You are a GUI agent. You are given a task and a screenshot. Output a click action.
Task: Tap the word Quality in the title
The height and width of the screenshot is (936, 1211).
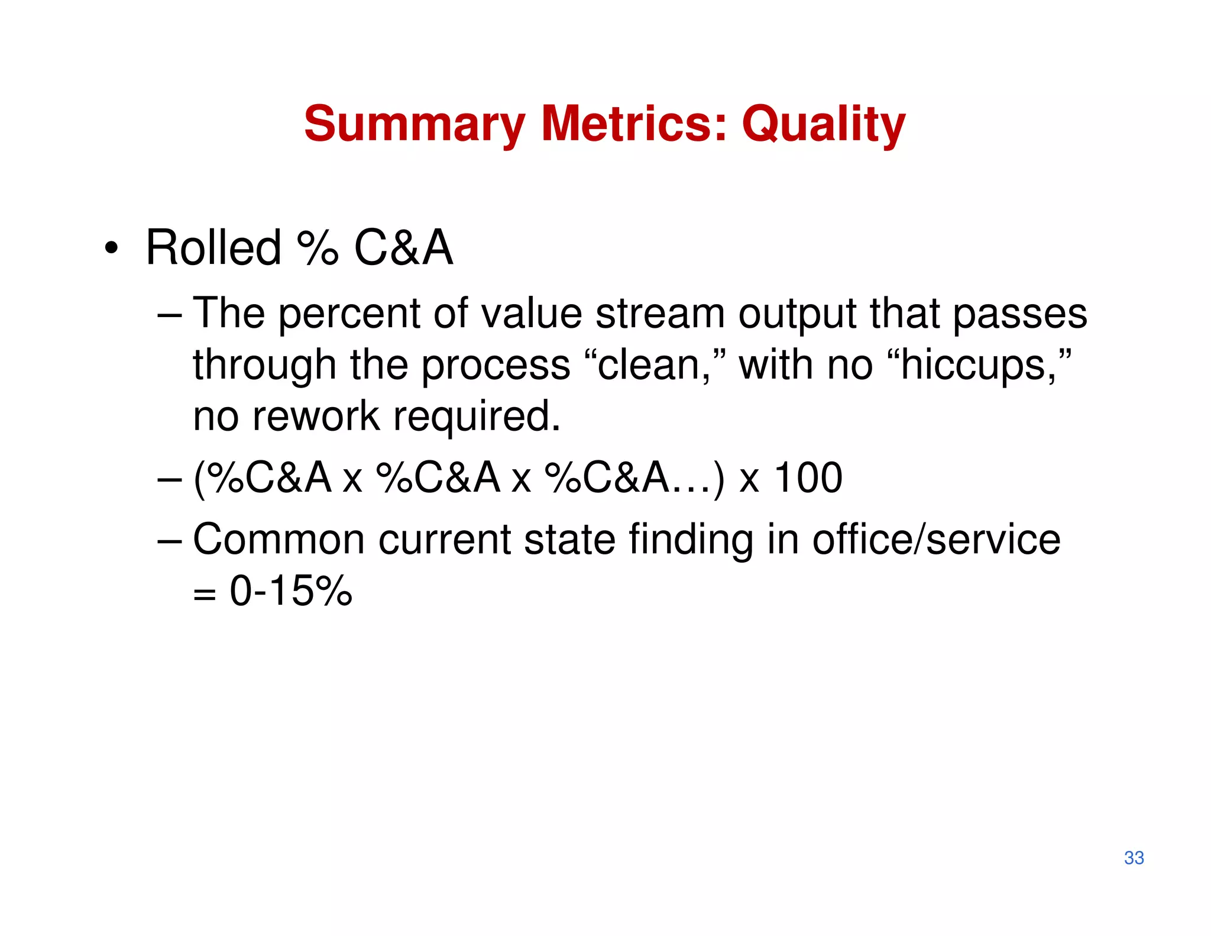pos(823,124)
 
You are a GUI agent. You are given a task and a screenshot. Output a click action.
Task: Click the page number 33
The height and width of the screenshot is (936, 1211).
pos(1134,857)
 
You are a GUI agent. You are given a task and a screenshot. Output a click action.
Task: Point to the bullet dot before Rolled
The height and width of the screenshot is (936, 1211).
pos(111,248)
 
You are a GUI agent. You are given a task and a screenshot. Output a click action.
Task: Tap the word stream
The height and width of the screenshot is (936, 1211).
pos(660,314)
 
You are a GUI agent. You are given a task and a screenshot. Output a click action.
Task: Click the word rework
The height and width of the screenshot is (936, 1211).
pos(316,416)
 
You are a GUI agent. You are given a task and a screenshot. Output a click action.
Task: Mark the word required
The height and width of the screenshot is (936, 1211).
pos(476,417)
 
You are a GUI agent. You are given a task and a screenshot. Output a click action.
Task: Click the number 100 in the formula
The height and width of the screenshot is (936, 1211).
pos(808,477)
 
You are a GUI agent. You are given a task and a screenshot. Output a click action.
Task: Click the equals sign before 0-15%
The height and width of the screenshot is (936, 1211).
pos(204,593)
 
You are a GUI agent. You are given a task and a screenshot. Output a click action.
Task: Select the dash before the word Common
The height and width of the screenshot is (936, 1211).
pos(170,540)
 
